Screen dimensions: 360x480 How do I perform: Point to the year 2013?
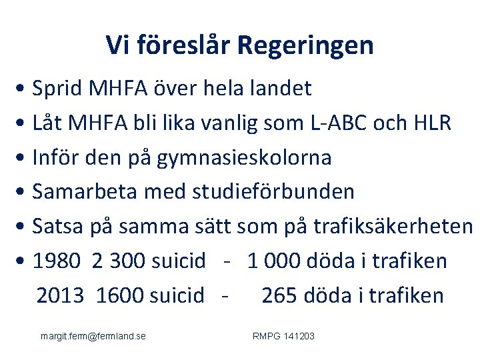pos(61,295)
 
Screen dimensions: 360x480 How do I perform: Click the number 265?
pos(282,295)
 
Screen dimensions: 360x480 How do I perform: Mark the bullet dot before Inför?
pos(23,159)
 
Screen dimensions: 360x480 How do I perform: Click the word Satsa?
pos(58,227)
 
